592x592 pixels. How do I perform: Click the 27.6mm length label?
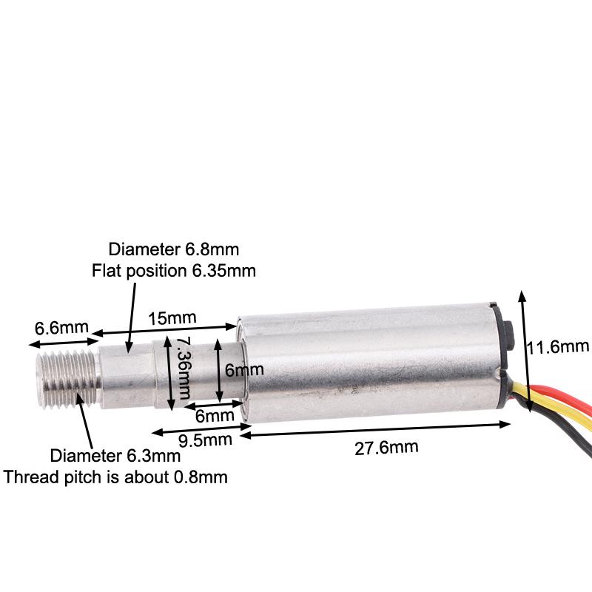click(x=386, y=448)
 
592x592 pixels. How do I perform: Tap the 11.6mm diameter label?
click(x=558, y=346)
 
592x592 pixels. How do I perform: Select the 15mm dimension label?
click(x=172, y=318)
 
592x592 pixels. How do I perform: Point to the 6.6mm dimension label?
click(x=61, y=328)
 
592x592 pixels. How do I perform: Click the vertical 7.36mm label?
click(x=184, y=368)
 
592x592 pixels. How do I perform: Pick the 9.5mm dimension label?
click(x=205, y=440)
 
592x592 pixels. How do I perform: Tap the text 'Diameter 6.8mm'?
click(x=174, y=249)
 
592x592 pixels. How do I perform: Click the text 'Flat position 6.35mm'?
click(x=174, y=271)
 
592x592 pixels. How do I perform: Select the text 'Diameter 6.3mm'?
click(x=115, y=456)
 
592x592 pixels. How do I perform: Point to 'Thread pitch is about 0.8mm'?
click(x=115, y=477)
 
